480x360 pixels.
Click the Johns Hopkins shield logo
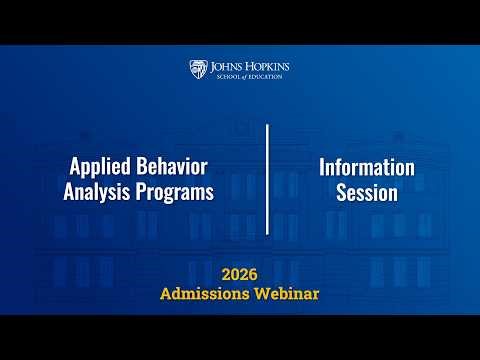(x=199, y=69)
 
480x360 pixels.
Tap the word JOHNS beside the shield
(x=231, y=66)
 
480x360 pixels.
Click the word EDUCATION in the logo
(x=263, y=76)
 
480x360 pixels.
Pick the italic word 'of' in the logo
(x=243, y=76)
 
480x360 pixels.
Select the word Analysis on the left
(x=99, y=193)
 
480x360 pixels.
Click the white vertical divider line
(x=267, y=180)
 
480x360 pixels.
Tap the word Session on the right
(x=367, y=193)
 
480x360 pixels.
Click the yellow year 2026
(x=240, y=273)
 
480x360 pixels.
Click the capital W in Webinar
(x=262, y=293)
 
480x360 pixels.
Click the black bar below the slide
(x=240, y=337)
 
